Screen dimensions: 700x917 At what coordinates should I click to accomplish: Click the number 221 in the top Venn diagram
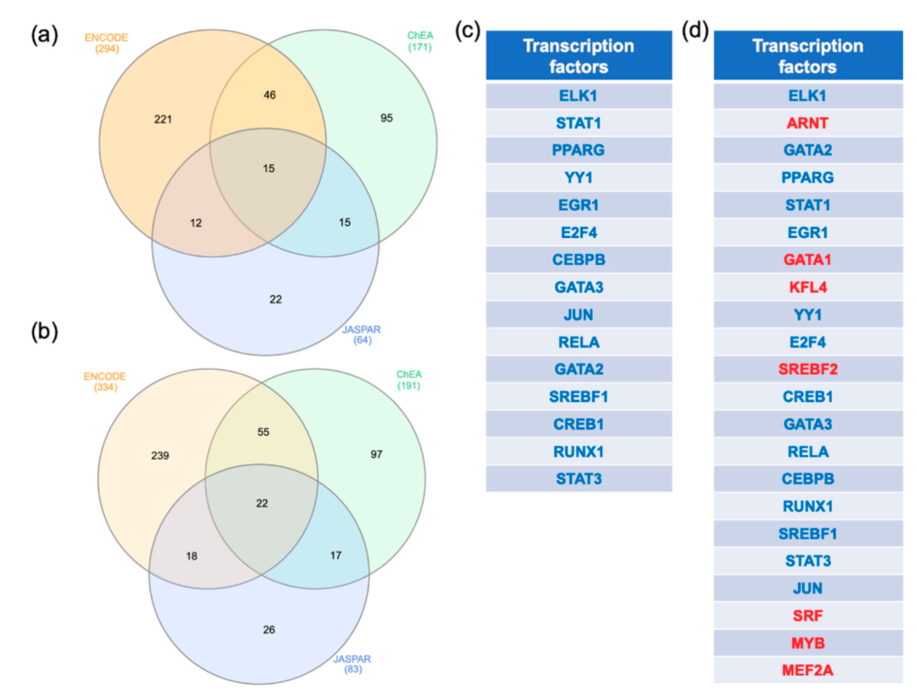point(163,119)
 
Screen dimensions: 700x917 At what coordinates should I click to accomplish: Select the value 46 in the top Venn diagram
point(269,95)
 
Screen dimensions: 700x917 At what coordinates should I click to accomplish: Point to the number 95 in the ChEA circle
point(386,118)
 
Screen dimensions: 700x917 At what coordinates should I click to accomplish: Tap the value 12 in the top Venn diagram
point(196,223)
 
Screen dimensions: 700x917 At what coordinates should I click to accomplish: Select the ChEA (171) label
point(420,41)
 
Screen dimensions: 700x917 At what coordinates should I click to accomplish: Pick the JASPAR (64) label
point(361,335)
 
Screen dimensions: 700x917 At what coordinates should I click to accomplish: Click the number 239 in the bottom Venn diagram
point(160,455)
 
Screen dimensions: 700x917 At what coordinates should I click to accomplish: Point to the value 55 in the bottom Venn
point(263,432)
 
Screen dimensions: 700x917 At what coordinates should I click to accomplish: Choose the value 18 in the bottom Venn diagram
point(192,556)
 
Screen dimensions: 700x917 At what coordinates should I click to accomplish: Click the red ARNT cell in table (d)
point(807,123)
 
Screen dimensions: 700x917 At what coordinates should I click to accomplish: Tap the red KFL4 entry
point(808,287)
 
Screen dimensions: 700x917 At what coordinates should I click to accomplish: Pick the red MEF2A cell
point(807,670)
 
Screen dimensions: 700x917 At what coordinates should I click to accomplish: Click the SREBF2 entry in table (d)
point(808,369)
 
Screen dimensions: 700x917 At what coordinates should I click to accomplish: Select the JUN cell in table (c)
point(578,315)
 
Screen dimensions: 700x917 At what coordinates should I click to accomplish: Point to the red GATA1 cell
point(807,259)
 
